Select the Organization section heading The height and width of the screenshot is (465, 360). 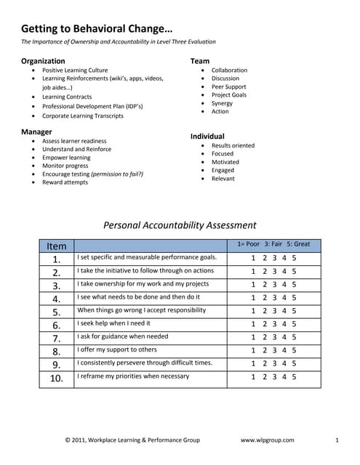pos(43,61)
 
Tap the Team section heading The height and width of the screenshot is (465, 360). pos(200,61)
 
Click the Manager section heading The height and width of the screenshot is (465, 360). pos(36,132)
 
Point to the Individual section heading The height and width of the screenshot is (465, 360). pos(207,136)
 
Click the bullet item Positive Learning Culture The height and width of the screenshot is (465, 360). pos(75,70)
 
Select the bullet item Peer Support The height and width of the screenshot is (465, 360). pos(229,86)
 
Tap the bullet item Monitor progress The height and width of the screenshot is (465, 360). pos(65,166)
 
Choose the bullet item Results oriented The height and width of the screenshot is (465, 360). pos(233,145)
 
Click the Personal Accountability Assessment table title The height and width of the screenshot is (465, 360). pos(180,225)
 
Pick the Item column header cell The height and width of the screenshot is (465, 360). pos(56,246)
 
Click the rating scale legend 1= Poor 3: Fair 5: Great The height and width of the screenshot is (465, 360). pos(273,244)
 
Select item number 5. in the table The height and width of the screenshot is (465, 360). pos(56,311)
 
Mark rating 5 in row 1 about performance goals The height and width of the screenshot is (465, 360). pos(294,258)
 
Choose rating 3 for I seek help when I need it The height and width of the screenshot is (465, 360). pos(273,324)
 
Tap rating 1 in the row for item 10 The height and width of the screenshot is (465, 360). pos(253,376)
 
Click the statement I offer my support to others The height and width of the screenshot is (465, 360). pos(117,350)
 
